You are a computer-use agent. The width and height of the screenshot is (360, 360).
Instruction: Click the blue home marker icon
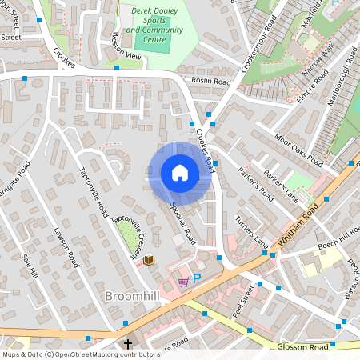point(179,173)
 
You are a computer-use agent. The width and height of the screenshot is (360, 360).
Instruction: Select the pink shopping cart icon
point(183,281)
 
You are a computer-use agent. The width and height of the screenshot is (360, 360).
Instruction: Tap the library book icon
point(149,260)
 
